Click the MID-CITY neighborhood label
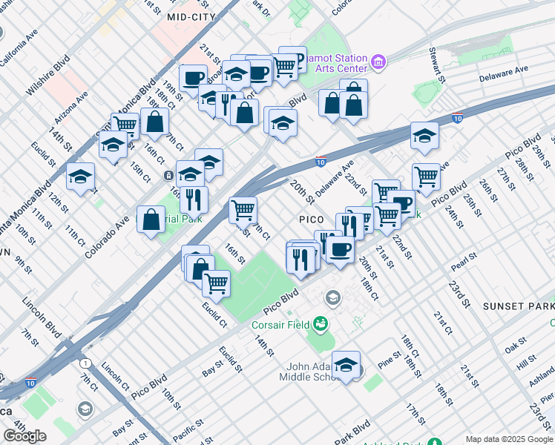click(x=191, y=16)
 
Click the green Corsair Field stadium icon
click(x=321, y=323)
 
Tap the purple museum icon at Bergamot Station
click(x=379, y=60)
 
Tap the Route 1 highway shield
click(x=87, y=363)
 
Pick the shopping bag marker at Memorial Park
click(x=151, y=220)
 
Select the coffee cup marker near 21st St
click(x=193, y=78)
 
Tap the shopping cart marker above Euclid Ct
click(x=216, y=282)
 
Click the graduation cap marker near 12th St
click(x=80, y=177)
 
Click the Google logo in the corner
click(x=24, y=435)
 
